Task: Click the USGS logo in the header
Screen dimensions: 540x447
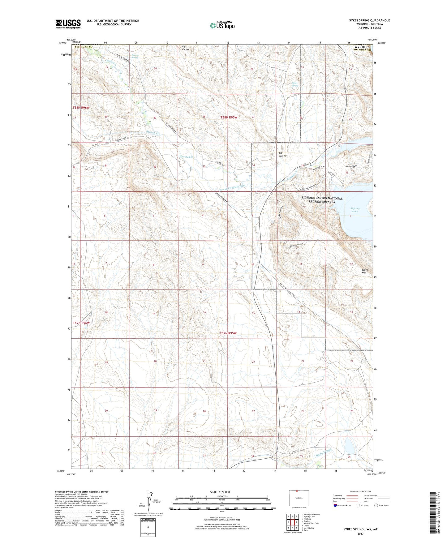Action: pos(68,24)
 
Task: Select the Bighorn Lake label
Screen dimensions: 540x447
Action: pos(355,210)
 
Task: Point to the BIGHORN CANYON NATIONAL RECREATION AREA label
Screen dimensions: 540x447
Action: pos(322,200)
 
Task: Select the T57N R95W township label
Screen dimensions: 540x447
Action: pos(228,333)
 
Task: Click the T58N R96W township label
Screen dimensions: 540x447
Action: pos(81,108)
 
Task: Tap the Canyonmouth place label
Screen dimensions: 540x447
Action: pos(351,166)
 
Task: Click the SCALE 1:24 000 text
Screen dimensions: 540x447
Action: pos(221,492)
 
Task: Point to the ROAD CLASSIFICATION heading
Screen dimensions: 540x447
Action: pos(360,491)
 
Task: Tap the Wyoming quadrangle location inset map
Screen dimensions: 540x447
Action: pos(299,498)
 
